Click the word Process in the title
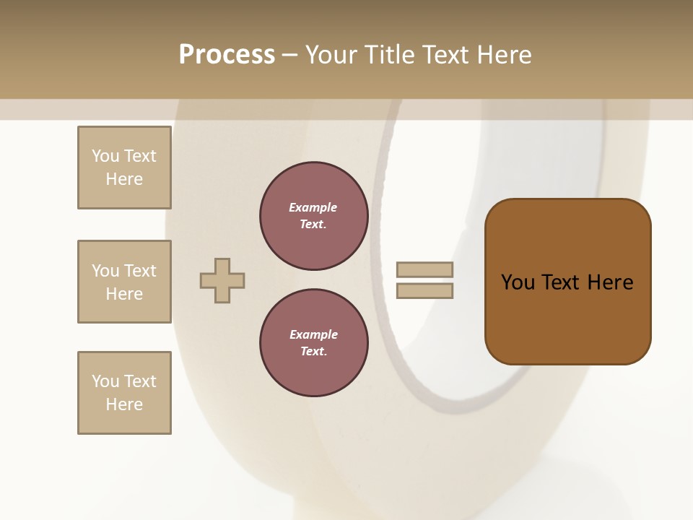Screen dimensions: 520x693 227,55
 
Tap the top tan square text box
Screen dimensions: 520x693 124,168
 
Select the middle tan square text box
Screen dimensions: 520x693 124,282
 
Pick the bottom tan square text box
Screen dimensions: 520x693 124,393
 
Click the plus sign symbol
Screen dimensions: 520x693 222,280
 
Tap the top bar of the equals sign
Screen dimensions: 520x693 424,269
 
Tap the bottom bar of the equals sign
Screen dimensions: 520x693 424,291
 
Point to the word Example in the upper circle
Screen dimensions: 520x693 313,207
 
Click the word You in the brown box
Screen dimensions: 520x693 518,282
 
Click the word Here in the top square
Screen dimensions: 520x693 124,179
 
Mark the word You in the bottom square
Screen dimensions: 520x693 105,381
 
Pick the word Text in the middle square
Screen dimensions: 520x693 139,271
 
